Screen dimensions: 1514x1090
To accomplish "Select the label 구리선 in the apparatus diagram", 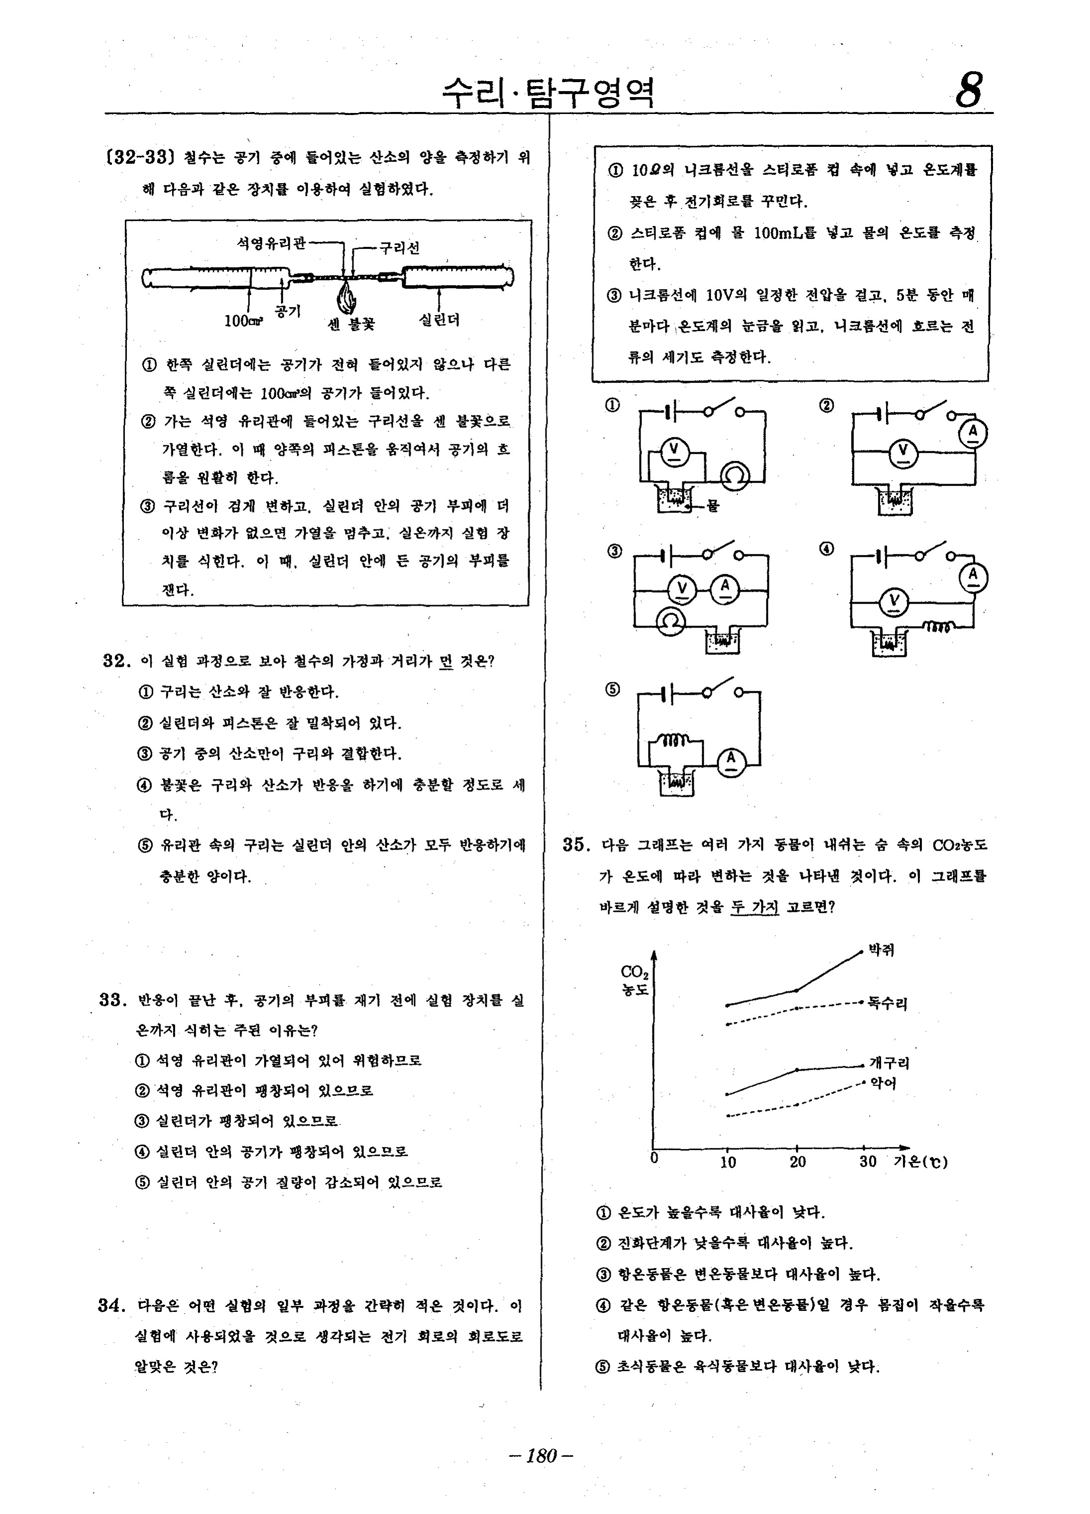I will (x=400, y=248).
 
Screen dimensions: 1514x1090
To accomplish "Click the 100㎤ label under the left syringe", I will (x=244, y=321).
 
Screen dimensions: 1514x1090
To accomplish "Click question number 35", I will (x=576, y=845).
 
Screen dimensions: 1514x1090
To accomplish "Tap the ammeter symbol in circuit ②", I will (x=973, y=434).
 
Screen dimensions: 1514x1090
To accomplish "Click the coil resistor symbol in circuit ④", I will (x=939, y=626).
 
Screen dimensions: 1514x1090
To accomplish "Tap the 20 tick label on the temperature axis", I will (x=798, y=1162).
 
